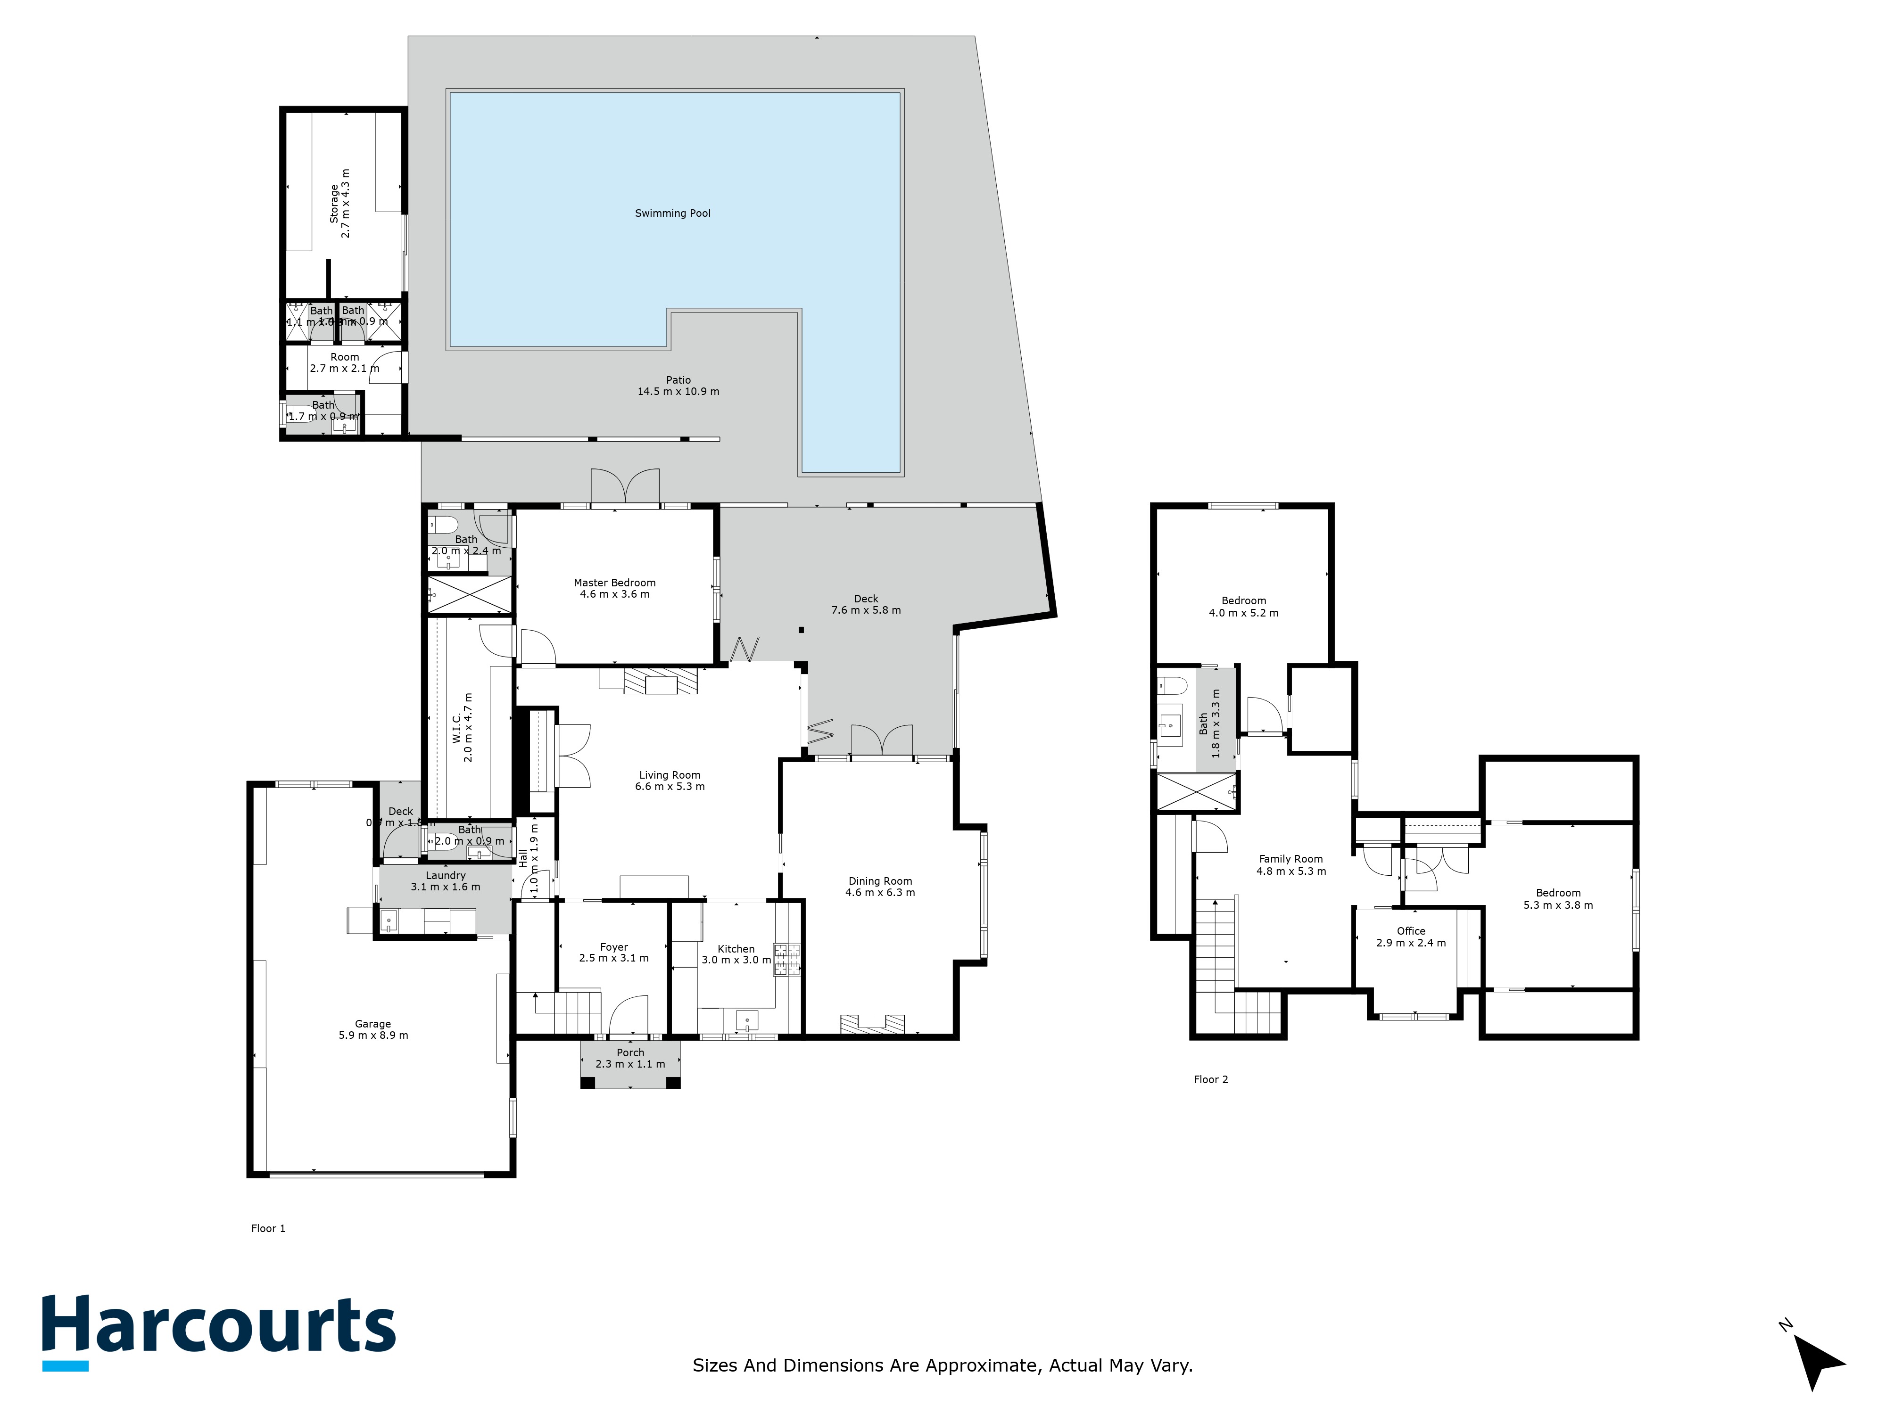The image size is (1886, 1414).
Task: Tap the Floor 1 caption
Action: (x=268, y=1228)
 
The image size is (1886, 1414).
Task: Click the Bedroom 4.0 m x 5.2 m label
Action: (x=1243, y=606)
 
